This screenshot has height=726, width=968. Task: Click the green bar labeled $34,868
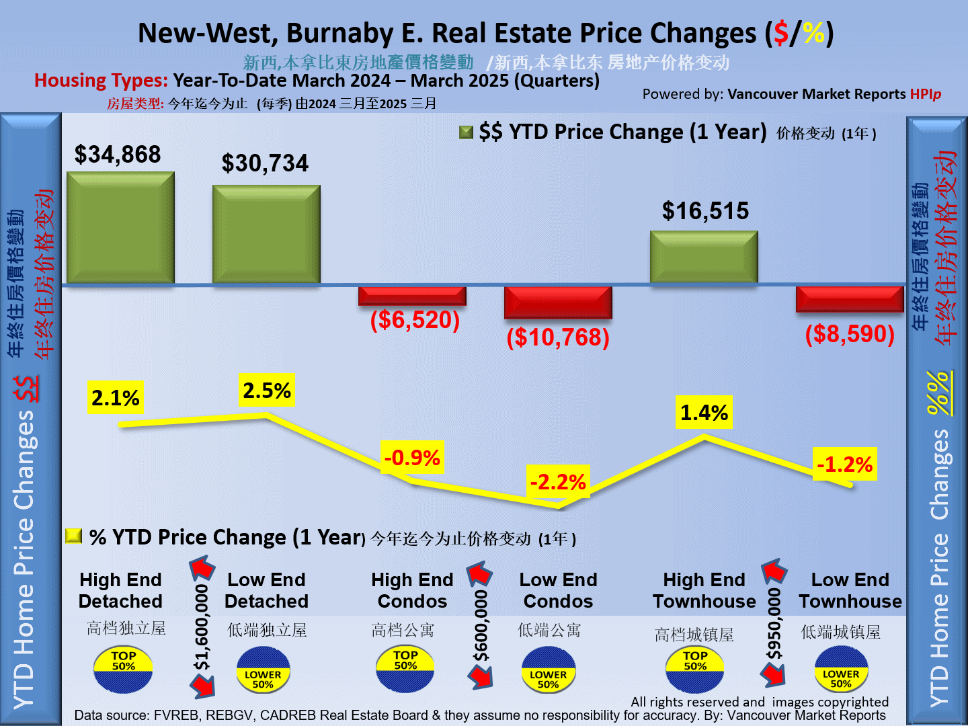point(120,228)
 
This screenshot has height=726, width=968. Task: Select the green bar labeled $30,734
point(266,235)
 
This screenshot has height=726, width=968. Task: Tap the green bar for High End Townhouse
point(704,257)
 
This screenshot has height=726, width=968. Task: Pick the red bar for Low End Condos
point(558,302)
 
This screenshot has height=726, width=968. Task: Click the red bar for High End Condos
point(412,296)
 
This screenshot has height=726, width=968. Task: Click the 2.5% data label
point(267,391)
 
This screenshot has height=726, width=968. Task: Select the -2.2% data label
point(558,482)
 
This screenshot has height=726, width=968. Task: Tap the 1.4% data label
point(704,413)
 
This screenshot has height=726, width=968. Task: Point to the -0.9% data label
point(412,458)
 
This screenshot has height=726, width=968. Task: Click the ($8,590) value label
point(850,334)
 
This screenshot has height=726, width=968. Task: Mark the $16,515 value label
point(705,211)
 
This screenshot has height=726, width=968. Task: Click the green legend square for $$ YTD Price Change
point(466,132)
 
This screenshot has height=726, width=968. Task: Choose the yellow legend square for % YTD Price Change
point(74,536)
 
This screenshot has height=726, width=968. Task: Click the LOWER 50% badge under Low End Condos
point(549,670)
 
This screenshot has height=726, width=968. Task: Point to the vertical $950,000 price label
point(774,624)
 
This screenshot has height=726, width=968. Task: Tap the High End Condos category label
point(412,590)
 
